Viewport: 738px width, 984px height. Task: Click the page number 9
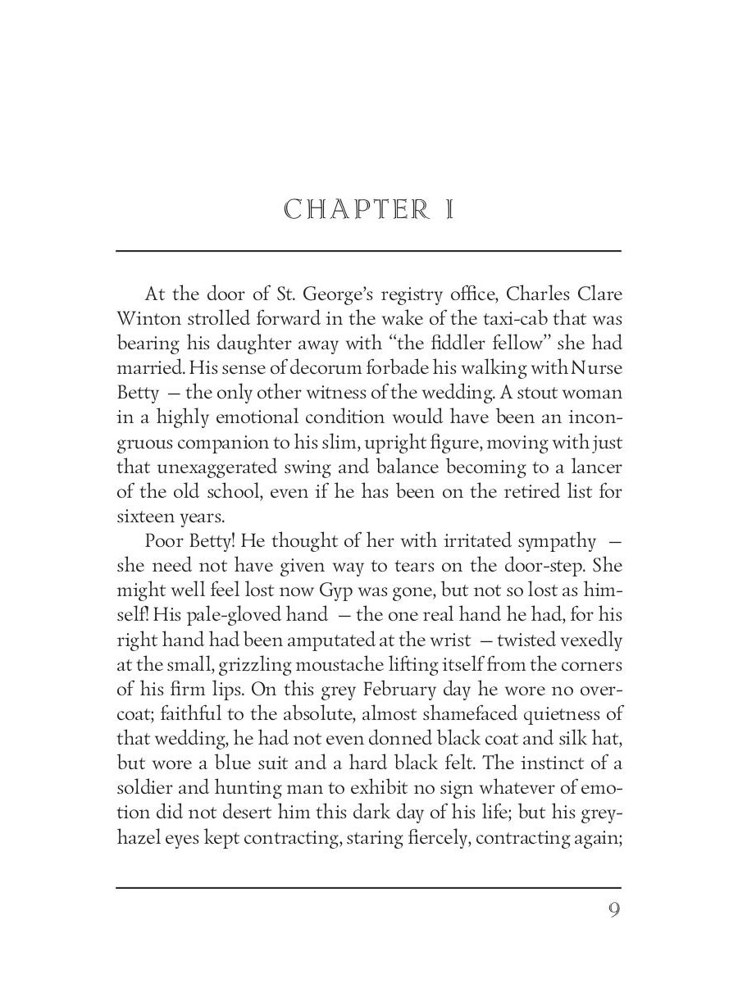coord(613,910)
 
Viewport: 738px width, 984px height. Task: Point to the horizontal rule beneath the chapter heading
coord(368,251)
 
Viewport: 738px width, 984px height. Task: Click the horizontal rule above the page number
coord(368,887)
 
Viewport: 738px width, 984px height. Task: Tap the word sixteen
coord(144,517)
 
